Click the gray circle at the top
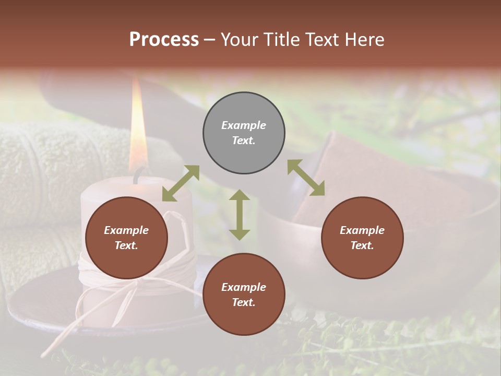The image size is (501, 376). tap(244, 133)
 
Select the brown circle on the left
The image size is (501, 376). tap(126, 238)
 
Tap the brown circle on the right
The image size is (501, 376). tap(362, 238)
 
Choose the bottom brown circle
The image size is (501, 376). tap(244, 295)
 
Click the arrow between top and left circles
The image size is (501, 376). tap(181, 183)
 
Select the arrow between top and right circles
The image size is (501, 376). tap(306, 178)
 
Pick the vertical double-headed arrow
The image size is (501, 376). tap(240, 215)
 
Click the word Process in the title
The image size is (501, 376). tap(164, 39)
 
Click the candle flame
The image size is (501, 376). tap(137, 125)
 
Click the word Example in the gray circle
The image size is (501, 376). tap(244, 125)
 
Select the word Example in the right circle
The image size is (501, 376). tap(362, 230)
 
